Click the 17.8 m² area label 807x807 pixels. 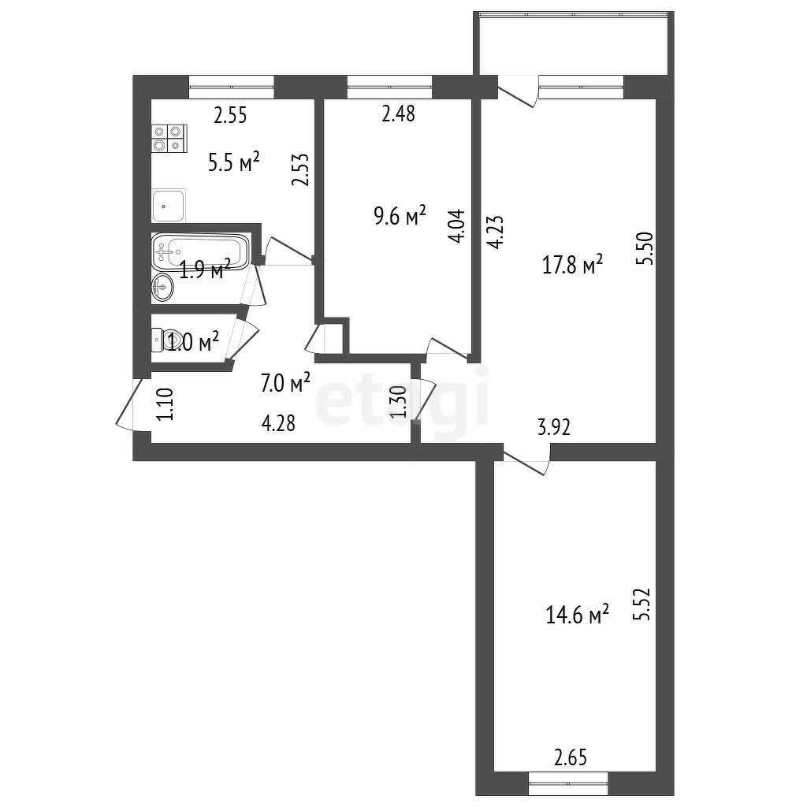(x=572, y=266)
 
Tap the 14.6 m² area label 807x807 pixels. (x=578, y=615)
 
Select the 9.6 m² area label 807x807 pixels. (x=400, y=214)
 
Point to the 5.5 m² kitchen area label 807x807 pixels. (x=234, y=163)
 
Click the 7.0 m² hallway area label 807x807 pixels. (x=285, y=384)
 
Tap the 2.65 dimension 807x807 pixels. (x=571, y=758)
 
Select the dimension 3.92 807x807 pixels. (x=554, y=428)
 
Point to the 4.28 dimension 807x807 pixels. (x=278, y=423)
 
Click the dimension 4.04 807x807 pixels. (x=458, y=226)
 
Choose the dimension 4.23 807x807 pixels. (x=494, y=233)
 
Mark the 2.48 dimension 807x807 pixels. (x=398, y=115)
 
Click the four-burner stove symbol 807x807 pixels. (x=168, y=139)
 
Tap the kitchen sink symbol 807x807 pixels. (x=168, y=206)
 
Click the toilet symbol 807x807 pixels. (x=166, y=340)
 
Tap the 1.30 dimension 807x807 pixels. (x=399, y=402)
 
